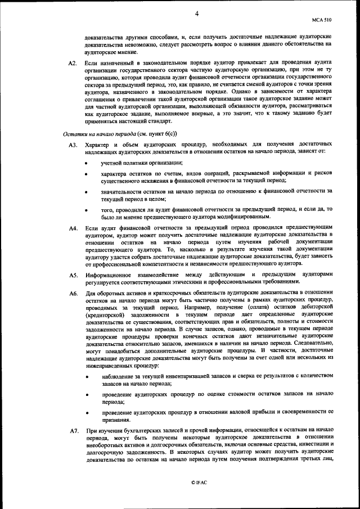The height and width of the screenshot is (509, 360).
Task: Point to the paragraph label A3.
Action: [x=73, y=145]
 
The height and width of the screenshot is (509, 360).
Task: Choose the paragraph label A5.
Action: [x=73, y=275]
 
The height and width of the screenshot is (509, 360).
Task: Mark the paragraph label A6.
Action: [x=73, y=293]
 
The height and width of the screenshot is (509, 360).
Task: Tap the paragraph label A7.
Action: [x=73, y=430]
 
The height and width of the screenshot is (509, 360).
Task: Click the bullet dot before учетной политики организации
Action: [x=86, y=163]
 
